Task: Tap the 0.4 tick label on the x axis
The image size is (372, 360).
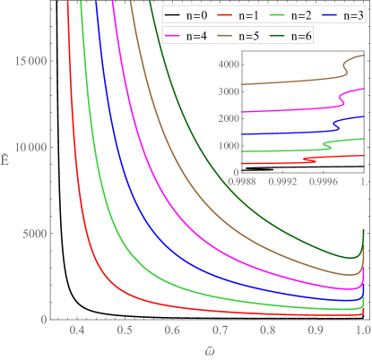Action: pyautogui.click(x=78, y=331)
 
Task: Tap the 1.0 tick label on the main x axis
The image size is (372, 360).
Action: pyautogui.click(x=362, y=331)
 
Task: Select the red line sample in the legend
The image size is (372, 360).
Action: pyautogui.click(x=225, y=15)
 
